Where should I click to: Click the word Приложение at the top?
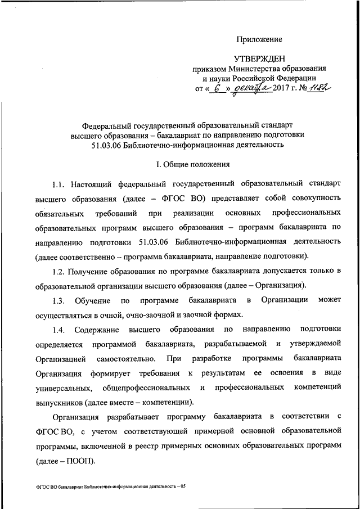click(259, 39)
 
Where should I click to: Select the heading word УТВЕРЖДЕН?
click(260, 58)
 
